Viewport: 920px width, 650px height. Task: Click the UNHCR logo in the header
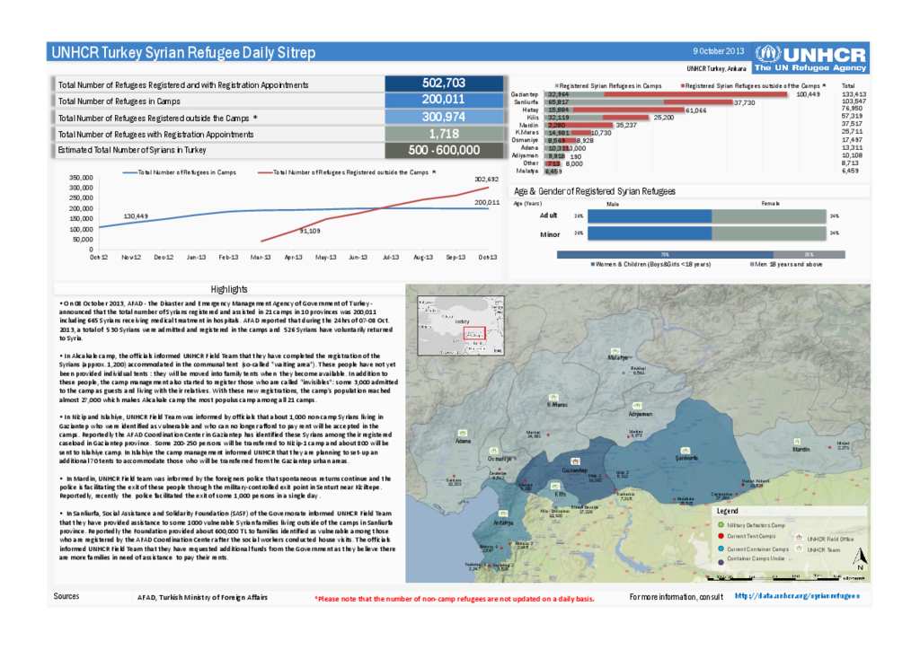pyautogui.click(x=810, y=59)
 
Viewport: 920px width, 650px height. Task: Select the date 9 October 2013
pyautogui.click(x=720, y=51)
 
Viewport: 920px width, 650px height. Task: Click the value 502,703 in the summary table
pyautogui.click(x=443, y=83)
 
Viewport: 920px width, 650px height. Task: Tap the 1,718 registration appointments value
pyautogui.click(x=443, y=133)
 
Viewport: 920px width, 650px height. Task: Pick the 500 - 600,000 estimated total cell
pyautogui.click(x=443, y=150)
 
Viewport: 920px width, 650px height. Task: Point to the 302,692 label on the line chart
pyautogui.click(x=486, y=180)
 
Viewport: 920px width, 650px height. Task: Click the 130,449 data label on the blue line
pyautogui.click(x=136, y=216)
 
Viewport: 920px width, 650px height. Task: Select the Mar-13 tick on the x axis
pyautogui.click(x=261, y=257)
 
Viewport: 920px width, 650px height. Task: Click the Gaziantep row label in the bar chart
pyautogui.click(x=524, y=94)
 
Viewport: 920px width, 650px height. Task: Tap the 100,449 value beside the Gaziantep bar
pyautogui.click(x=809, y=94)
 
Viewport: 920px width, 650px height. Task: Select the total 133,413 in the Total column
pyautogui.click(x=854, y=94)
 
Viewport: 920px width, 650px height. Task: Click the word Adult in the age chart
pyautogui.click(x=547, y=215)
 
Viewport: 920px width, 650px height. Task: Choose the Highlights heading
pyautogui.click(x=229, y=289)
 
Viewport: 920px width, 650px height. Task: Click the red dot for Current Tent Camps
pyautogui.click(x=721, y=536)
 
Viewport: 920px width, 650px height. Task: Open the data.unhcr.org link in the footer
pyautogui.click(x=796, y=595)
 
